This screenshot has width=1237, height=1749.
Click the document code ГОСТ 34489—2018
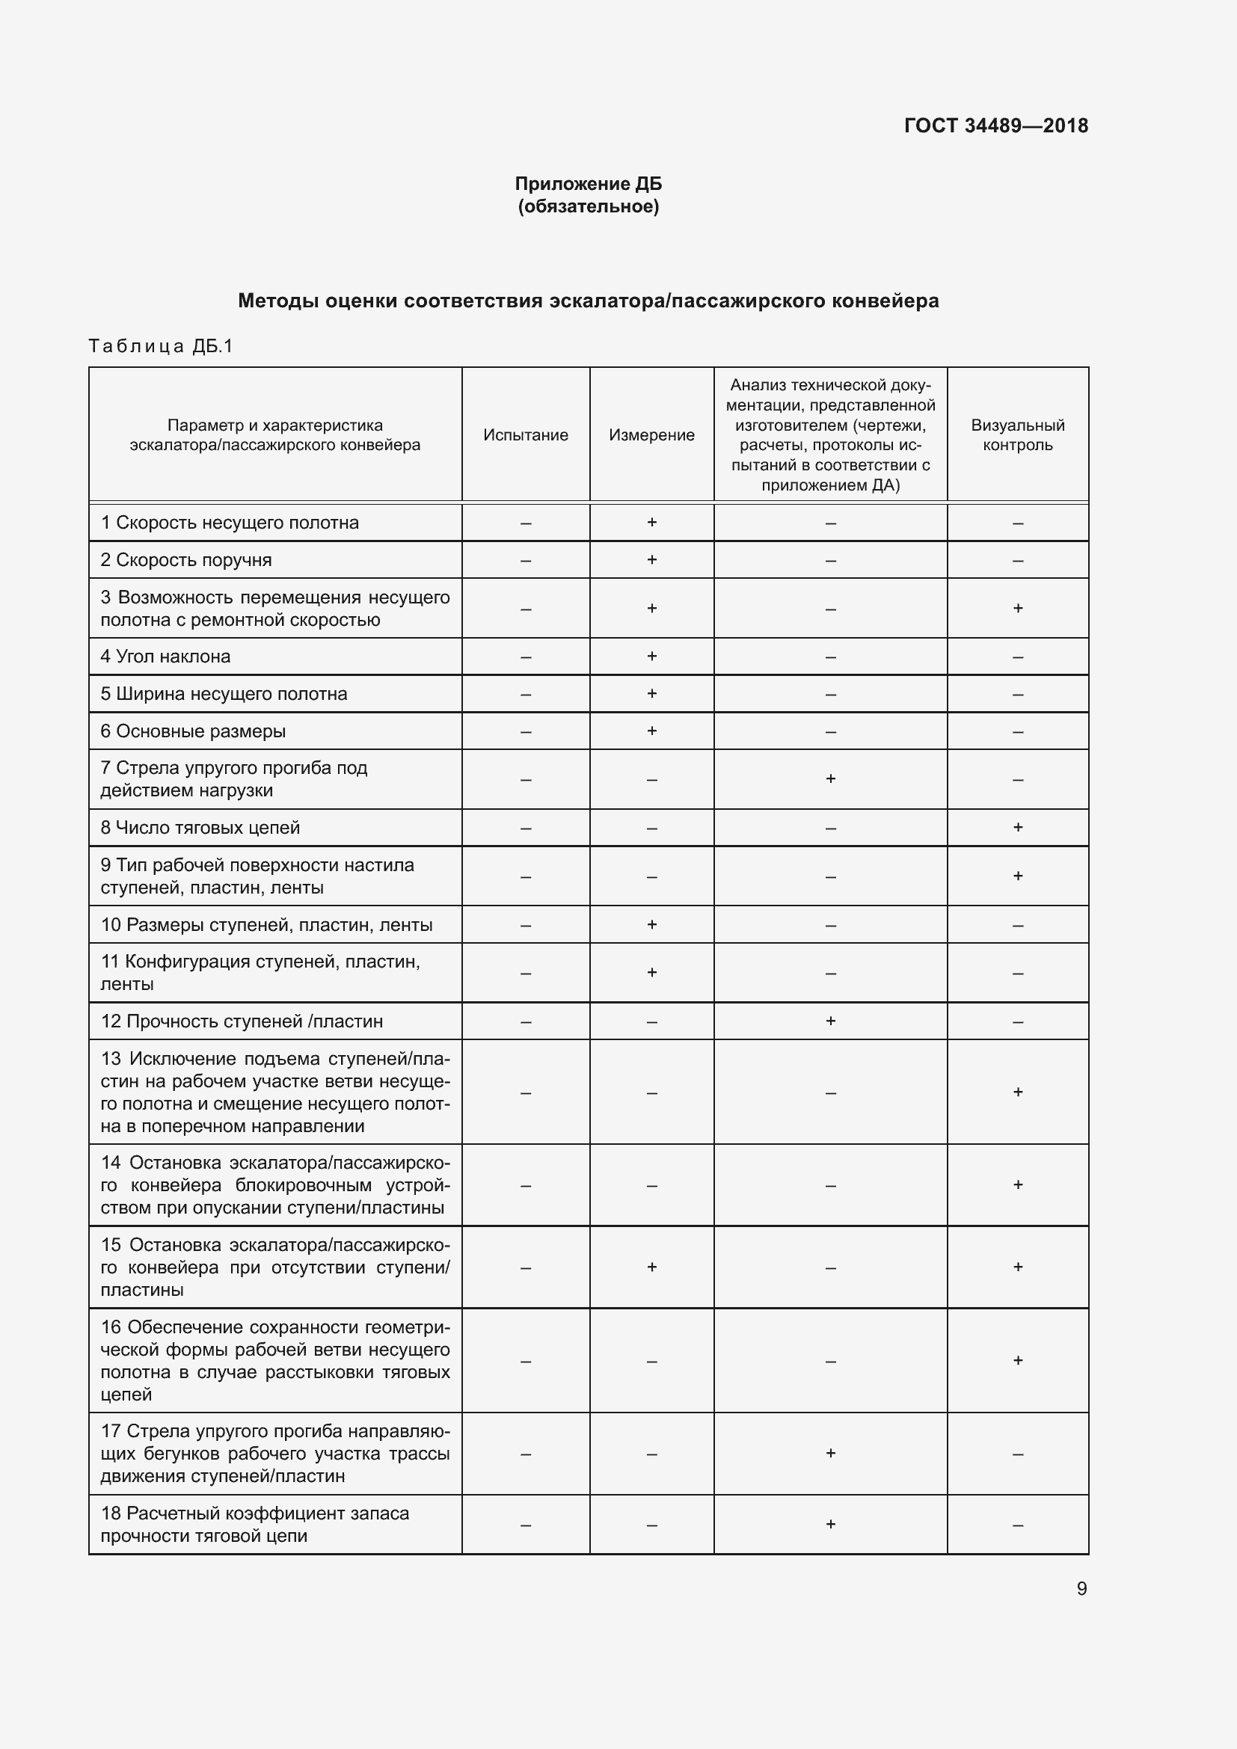tap(995, 126)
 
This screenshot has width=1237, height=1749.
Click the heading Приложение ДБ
tap(588, 184)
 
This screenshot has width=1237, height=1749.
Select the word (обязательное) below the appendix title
tap(588, 206)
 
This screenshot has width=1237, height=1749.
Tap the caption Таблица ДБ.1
tap(161, 347)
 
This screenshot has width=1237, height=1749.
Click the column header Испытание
tap(526, 435)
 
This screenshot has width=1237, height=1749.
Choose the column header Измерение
tap(651, 435)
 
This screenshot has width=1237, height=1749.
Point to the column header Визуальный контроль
tap(1017, 435)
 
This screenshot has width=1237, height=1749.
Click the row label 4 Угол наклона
tap(165, 657)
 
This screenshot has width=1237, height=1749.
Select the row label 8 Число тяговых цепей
tap(200, 828)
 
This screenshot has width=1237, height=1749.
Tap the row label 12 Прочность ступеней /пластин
tap(242, 1021)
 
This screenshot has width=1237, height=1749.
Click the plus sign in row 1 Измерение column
tap(651, 523)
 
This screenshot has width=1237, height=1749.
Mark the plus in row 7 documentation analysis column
tap(830, 778)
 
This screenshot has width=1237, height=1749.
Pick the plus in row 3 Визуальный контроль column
tap(1018, 608)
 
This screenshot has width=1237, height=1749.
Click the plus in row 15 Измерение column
tap(651, 1267)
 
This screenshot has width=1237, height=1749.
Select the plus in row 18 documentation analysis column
tap(830, 1523)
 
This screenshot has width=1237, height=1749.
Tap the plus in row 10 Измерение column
tap(651, 925)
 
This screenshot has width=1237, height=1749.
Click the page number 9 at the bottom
tap(1081, 1588)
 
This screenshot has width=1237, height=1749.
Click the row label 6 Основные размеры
tap(193, 731)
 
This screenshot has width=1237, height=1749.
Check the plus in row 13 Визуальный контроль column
tap(1018, 1092)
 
